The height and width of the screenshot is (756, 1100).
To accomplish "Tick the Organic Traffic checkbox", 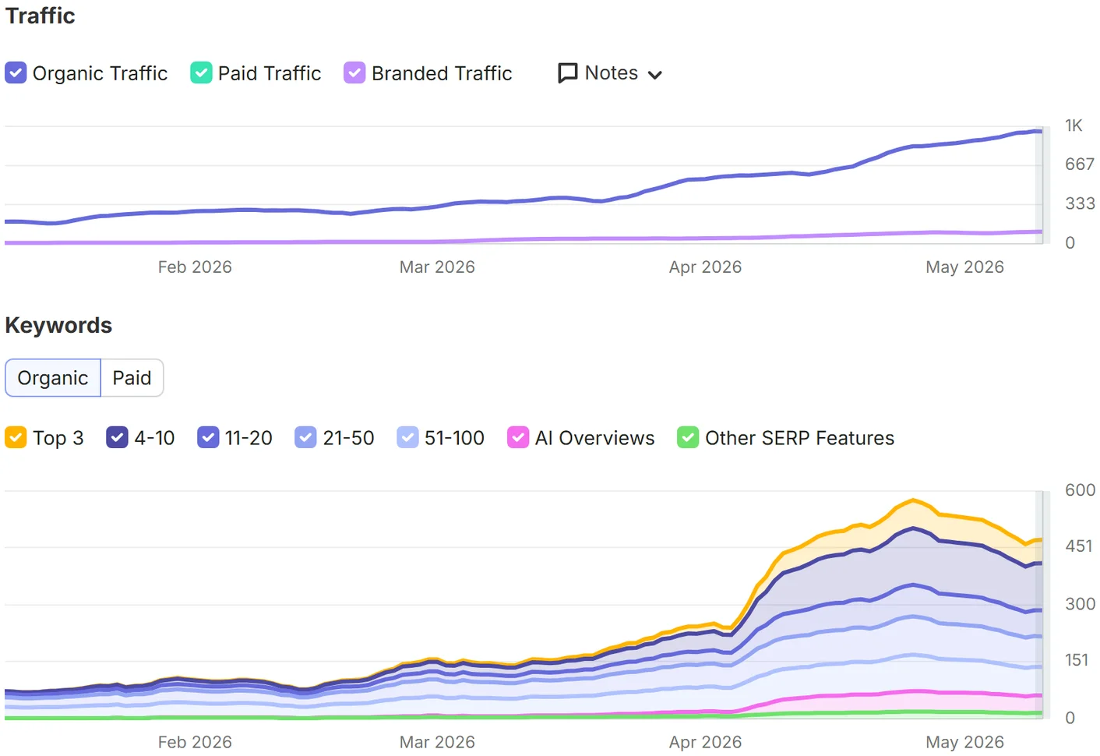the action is (16, 72).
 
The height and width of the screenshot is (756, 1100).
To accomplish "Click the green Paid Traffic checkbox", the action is (201, 72).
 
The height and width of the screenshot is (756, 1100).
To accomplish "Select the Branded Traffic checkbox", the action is (354, 72).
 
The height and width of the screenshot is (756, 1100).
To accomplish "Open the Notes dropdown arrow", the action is (654, 75).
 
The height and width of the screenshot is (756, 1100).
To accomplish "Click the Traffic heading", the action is (41, 16).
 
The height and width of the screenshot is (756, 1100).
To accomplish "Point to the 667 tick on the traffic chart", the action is (1080, 164).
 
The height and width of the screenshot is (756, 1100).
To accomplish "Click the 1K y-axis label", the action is (1074, 125).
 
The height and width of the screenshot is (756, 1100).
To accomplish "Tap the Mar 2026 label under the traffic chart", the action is (437, 267).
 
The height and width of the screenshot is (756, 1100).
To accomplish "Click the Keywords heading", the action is (58, 325).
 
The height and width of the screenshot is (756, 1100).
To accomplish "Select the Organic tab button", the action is (52, 378).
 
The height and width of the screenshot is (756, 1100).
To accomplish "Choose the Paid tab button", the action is (132, 378).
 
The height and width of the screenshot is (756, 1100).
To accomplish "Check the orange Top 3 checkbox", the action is (16, 437).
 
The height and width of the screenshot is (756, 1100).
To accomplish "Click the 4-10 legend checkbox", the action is (117, 437).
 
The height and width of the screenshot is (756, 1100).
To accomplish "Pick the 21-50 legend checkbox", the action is (305, 437).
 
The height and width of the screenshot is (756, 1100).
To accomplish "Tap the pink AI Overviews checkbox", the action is (517, 437).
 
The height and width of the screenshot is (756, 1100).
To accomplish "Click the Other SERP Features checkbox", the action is (687, 437).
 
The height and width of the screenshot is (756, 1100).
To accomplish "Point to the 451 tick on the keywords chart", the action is (1079, 546).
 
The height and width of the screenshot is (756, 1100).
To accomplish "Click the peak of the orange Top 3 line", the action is (913, 500).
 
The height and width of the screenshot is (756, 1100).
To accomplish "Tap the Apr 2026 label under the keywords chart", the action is (705, 742).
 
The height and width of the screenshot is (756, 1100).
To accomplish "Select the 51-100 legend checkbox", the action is (407, 437).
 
